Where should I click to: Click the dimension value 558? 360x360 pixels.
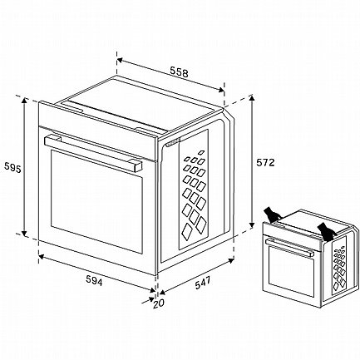click(179, 72)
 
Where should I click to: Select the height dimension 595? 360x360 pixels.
click(12, 167)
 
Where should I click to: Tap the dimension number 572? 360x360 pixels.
click(265, 162)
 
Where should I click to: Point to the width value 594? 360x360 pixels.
click(94, 281)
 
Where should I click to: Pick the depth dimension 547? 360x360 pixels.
click(202, 283)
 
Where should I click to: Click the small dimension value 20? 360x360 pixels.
click(159, 303)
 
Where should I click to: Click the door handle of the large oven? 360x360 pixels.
click(93, 152)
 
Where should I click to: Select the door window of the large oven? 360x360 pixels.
click(96, 201)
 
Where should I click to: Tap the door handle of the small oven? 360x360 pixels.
click(289, 247)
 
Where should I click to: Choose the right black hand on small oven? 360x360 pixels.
click(326, 231)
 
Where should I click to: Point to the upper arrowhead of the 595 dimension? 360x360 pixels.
click(24, 101)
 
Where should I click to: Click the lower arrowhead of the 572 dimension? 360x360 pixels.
click(252, 224)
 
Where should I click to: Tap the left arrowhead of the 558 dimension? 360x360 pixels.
click(120, 60)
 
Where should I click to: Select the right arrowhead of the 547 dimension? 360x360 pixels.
click(230, 260)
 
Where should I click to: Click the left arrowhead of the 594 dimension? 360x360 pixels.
click(42, 256)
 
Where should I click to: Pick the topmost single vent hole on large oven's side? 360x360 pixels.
click(201, 152)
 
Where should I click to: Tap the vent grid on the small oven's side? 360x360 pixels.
click(339, 267)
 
